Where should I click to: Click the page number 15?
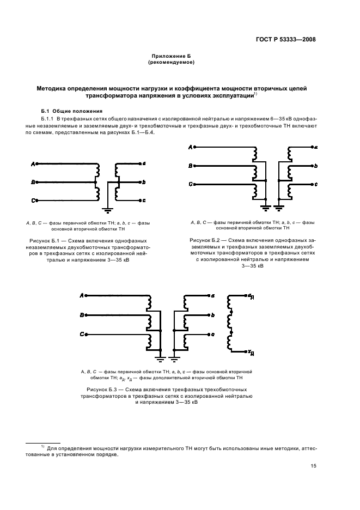point(314,465)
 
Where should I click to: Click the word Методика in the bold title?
point(52,88)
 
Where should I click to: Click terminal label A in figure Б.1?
point(33,163)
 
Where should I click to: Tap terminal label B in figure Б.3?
point(82,315)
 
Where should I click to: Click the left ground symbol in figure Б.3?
point(161,357)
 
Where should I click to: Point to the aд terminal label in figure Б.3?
point(250,296)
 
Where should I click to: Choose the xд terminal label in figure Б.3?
point(250,351)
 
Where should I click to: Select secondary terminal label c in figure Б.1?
point(143,201)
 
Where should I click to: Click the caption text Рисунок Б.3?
point(103,390)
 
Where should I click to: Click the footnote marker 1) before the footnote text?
point(42,446)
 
